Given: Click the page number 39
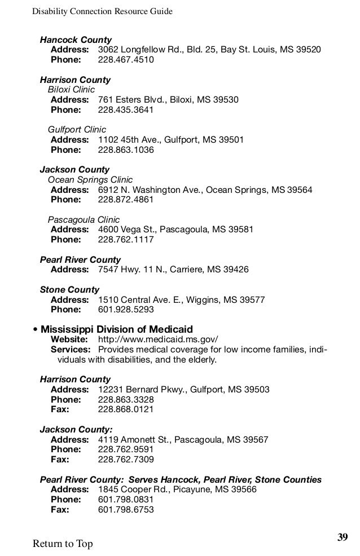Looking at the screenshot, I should pyautogui.click(x=343, y=536).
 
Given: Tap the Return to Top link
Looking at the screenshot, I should pyautogui.click(x=63, y=544).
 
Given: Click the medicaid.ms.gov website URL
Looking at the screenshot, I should pyautogui.click(x=158, y=339).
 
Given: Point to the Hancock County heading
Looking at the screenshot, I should pyautogui.click(x=76, y=40).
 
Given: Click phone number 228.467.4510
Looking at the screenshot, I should pyautogui.click(x=126, y=60).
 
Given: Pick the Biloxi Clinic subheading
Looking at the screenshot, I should pyautogui.click(x=71, y=90).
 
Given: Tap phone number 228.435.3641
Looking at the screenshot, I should pyautogui.click(x=126, y=110).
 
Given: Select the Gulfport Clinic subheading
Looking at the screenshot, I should pyautogui.click(x=77, y=130).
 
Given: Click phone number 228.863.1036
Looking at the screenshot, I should pyautogui.click(x=126, y=150).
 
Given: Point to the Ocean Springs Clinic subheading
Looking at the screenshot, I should pyautogui.click(x=90, y=180).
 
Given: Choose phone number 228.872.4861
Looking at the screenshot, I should pyautogui.click(x=126, y=200).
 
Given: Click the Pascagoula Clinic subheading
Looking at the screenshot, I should pyautogui.click(x=84, y=219).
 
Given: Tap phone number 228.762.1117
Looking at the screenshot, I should pyautogui.click(x=126, y=240).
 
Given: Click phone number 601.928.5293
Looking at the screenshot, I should pyautogui.click(x=126, y=310).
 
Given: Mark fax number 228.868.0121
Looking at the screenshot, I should pyautogui.click(x=126, y=409).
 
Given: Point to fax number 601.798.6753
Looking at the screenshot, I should pyautogui.click(x=126, y=510).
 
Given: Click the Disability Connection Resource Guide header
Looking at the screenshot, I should pyautogui.click(x=102, y=11).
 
